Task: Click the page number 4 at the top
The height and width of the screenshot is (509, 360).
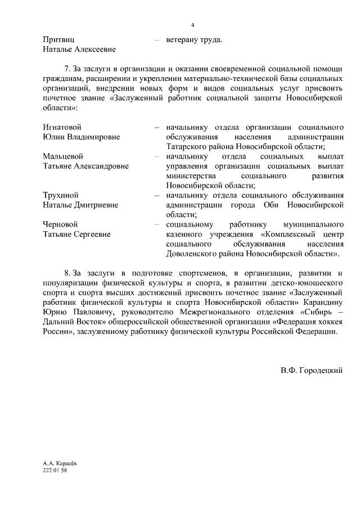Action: point(192,25)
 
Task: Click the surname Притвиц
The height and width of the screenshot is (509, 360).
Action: point(58,40)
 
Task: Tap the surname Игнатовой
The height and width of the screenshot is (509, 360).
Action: point(62,127)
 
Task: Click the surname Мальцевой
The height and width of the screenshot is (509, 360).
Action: point(62,156)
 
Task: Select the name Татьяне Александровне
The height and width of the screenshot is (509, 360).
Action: point(85,166)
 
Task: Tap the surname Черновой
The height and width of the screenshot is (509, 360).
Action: point(60,224)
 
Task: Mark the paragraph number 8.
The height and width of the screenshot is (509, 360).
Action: point(68,273)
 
